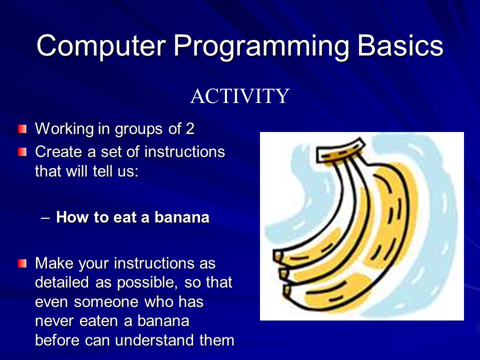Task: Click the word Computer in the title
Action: coord(101,46)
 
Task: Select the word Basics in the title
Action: coord(400,45)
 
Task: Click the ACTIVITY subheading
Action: coord(239,96)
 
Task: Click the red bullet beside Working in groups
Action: coord(22,129)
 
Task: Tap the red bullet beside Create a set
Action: coord(22,152)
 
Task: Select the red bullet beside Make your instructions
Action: coord(22,263)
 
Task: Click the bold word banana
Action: coord(182,217)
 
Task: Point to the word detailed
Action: coord(62,282)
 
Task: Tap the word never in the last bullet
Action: coord(54,321)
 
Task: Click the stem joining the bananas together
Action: coord(340,150)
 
